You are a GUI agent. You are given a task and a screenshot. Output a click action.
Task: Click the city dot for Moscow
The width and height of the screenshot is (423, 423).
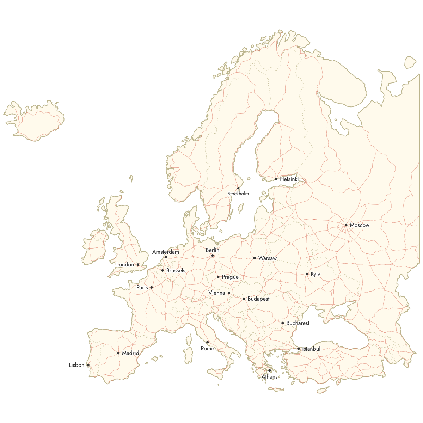coord(346,225)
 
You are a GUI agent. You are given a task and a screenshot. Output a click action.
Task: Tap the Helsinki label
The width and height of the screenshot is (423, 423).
coord(289,179)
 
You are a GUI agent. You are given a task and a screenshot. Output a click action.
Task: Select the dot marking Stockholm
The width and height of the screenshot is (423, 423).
coord(238,188)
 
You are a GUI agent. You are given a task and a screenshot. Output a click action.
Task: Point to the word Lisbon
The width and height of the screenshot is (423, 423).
coord(76,365)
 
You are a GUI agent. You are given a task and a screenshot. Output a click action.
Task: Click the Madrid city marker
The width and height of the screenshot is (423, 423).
coord(118,353)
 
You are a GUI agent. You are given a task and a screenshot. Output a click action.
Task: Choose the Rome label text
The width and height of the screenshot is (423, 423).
coord(207,349)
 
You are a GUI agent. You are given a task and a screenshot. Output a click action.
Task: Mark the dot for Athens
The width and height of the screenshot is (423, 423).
coord(270,370)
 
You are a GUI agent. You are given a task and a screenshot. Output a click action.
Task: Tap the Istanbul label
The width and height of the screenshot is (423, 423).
coord(311,349)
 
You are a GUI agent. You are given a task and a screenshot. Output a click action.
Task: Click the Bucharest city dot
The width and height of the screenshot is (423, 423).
coord(283,323)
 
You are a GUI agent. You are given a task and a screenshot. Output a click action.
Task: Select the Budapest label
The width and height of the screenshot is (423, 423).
coord(258,299)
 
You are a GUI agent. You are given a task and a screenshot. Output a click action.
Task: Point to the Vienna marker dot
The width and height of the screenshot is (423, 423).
coord(229,293)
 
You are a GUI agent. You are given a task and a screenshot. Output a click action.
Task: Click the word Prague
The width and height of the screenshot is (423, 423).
coord(230,277)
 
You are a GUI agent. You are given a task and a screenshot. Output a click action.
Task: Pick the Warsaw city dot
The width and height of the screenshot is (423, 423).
coord(255,258)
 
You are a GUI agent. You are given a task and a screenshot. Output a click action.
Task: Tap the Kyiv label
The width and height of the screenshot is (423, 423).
coord(315,274)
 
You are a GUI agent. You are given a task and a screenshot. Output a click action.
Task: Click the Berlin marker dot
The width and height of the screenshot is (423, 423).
coord(213,256)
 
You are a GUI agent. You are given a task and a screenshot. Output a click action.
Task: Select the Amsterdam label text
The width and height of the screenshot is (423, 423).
coord(166,252)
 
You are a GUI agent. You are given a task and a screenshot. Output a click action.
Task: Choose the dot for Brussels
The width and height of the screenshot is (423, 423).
coord(163,271)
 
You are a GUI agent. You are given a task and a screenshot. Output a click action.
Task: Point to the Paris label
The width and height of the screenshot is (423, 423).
coord(142,288)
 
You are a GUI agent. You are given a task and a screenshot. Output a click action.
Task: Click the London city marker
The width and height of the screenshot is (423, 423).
coord(138,264)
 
